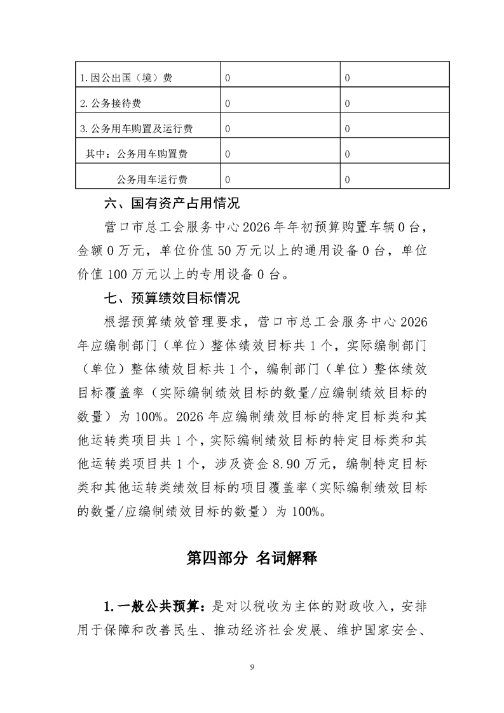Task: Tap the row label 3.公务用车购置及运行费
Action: click(137, 129)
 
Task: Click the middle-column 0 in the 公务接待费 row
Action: click(227, 104)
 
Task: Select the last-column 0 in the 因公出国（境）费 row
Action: click(347, 78)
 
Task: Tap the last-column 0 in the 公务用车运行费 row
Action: click(347, 179)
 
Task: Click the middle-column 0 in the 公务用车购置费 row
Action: click(227, 154)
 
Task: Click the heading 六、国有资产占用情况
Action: click(172, 205)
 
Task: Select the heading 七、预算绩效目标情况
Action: click(172, 299)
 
